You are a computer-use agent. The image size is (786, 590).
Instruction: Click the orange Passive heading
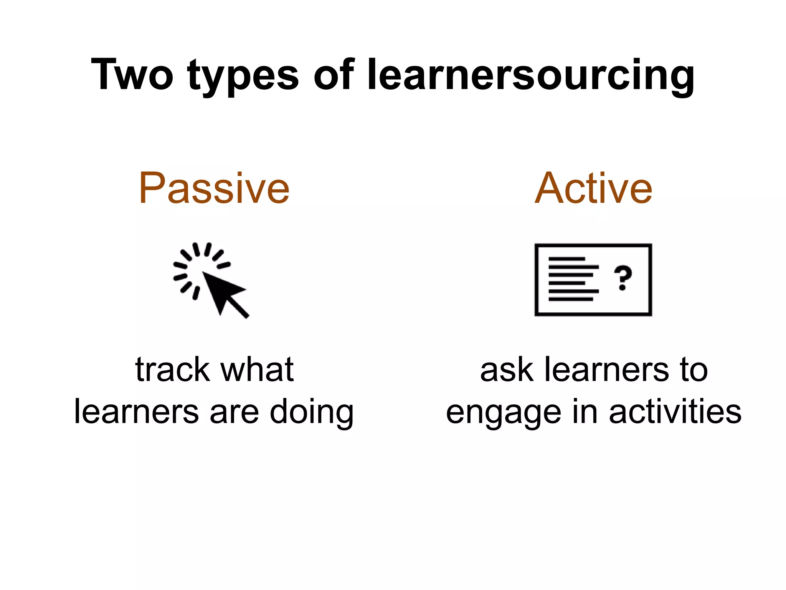[214, 188]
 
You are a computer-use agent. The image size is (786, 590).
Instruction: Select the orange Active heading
[593, 188]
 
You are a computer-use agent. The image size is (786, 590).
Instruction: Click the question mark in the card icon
[623, 278]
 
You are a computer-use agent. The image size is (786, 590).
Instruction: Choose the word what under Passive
[257, 370]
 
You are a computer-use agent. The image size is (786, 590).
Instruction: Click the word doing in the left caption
[311, 413]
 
